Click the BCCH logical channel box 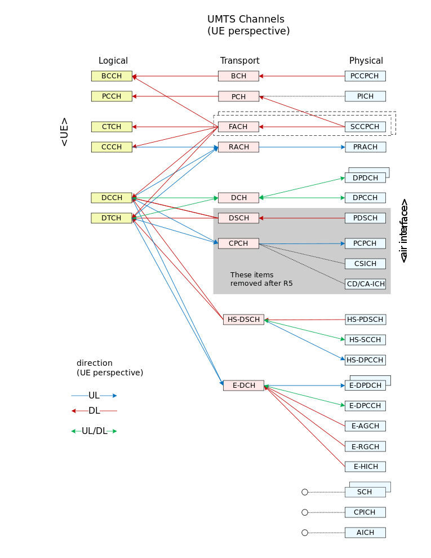(112, 76)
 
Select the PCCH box (112, 96)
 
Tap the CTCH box (112, 127)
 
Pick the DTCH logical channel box (112, 218)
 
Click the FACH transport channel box (238, 127)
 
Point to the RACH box (238, 147)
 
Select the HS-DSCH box (243, 320)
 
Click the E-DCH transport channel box (243, 386)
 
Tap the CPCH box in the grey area (238, 243)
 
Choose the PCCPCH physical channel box (365, 76)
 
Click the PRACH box (365, 147)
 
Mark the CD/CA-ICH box (365, 284)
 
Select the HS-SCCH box (365, 340)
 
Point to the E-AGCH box (365, 426)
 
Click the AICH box (365, 533)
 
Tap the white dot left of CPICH (305, 512)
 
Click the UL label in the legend (94, 396)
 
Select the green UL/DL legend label (94, 431)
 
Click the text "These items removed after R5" (261, 279)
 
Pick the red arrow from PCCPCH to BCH (302, 76)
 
